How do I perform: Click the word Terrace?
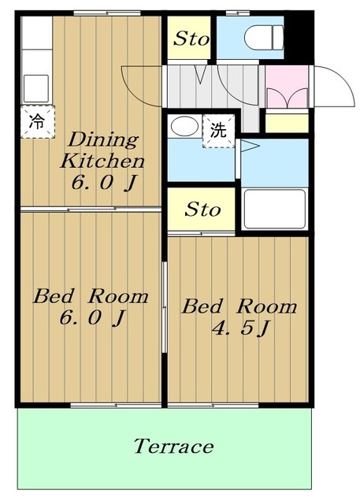[173, 447]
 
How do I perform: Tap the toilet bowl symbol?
[264, 38]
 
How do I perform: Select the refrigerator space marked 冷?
[38, 122]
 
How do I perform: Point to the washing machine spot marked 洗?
[218, 132]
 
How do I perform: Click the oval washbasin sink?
[184, 126]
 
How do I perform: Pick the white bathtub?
[274, 209]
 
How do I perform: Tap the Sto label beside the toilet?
[191, 39]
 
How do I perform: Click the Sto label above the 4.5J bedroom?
[202, 209]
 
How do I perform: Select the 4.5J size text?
[239, 328]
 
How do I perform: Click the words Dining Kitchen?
[102, 150]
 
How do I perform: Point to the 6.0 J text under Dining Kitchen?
[104, 183]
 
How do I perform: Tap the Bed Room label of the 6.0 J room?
[91, 296]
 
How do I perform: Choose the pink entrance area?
[287, 87]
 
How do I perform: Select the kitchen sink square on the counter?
[36, 88]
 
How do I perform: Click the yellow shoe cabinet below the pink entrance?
[287, 121]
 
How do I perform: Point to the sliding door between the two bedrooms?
[165, 308]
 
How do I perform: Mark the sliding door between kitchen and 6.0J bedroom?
[91, 209]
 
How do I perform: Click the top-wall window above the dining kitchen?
[107, 13]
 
